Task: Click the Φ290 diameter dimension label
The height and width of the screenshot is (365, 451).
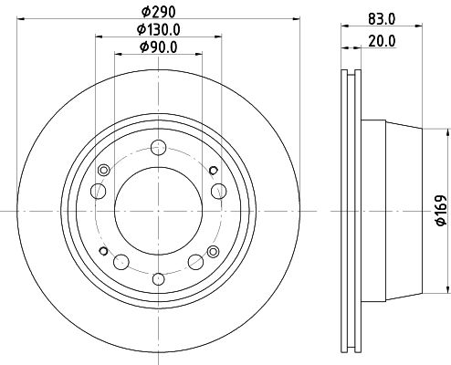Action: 159,12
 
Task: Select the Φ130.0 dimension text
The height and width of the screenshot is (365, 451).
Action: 159,30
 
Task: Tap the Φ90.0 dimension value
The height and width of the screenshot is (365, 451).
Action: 159,47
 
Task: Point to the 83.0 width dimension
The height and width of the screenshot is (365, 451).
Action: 382,19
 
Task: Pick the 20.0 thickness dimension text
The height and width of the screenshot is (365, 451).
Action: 382,41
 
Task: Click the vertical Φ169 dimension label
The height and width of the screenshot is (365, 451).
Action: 441,211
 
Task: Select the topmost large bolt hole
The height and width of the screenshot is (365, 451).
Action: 159,148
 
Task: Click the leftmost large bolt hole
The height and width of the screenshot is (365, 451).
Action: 99,192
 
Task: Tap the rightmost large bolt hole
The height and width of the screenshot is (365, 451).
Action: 219,192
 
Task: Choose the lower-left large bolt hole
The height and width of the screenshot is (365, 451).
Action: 121,262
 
